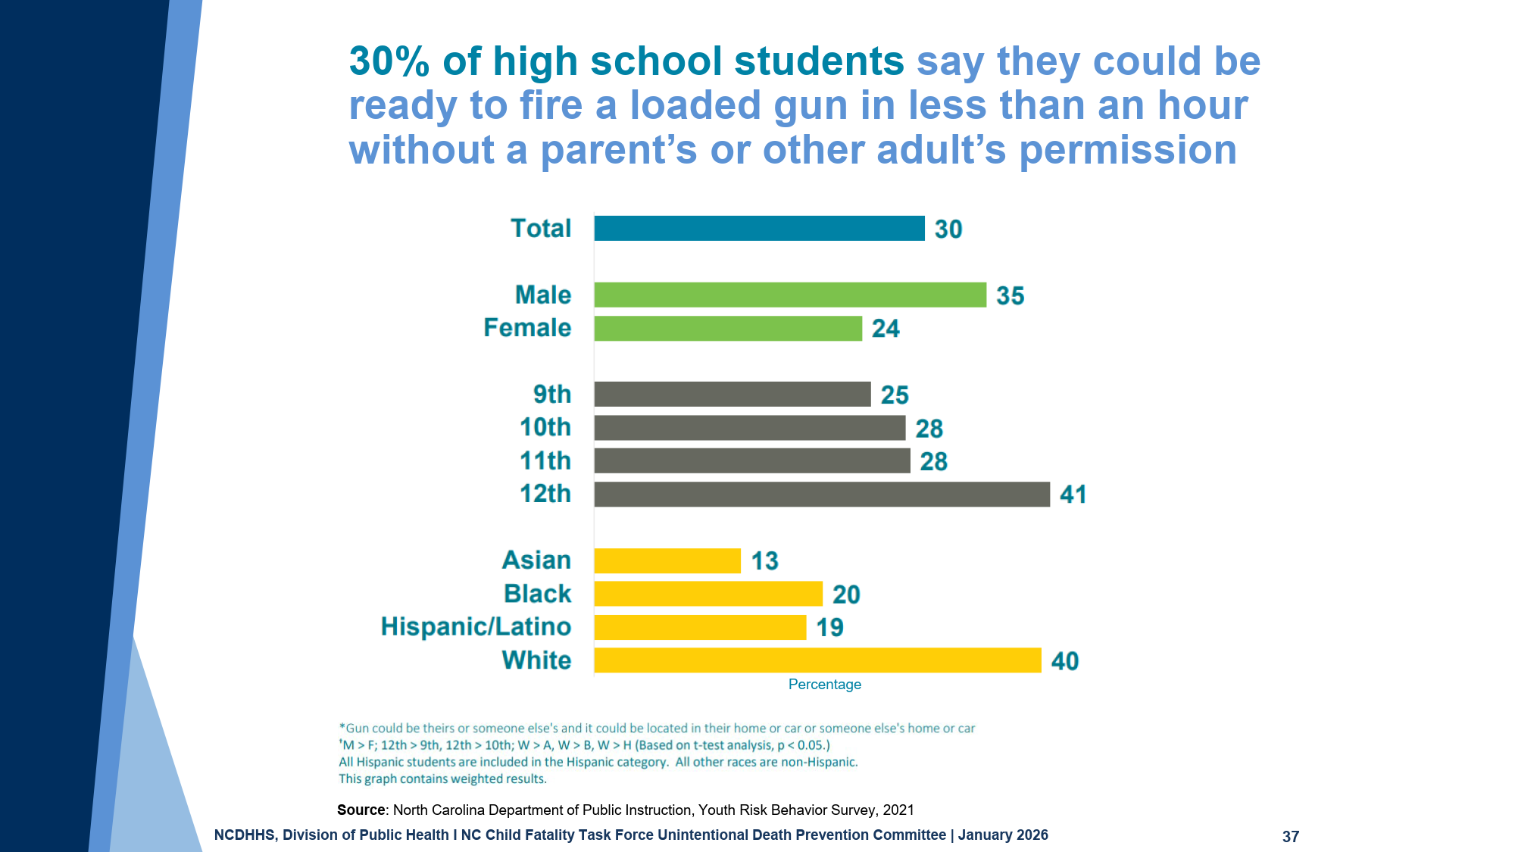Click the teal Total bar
(x=759, y=228)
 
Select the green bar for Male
(x=790, y=295)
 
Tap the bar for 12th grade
(x=822, y=494)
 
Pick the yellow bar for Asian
(x=667, y=560)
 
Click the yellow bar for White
(x=817, y=660)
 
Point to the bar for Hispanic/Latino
(x=700, y=627)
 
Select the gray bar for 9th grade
(x=733, y=395)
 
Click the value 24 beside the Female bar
(x=886, y=329)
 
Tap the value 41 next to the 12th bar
(x=1073, y=495)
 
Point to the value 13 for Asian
(x=764, y=561)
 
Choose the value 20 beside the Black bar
(x=846, y=595)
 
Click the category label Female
(x=527, y=328)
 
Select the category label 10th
(x=545, y=427)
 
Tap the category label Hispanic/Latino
(x=476, y=627)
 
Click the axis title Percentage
(x=824, y=685)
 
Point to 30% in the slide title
(x=389, y=61)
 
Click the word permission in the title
(x=1127, y=150)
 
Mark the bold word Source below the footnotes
(x=361, y=810)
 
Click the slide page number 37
(x=1290, y=836)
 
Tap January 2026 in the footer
(x=1003, y=835)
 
